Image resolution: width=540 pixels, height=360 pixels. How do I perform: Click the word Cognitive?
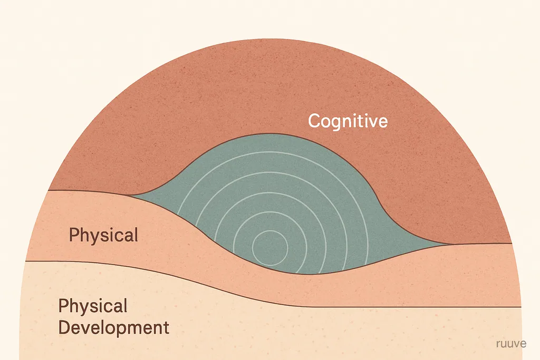point(348,121)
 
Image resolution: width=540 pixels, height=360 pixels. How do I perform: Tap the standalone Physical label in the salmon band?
point(103,236)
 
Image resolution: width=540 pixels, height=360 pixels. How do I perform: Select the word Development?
point(114,328)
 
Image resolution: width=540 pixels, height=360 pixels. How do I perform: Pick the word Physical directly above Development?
point(93,306)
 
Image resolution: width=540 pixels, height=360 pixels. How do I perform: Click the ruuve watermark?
point(511,344)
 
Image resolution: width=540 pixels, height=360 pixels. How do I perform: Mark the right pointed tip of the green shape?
point(452,244)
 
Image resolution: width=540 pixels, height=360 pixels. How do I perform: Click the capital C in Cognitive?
point(314,121)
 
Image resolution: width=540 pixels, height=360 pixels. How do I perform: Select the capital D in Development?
point(64,327)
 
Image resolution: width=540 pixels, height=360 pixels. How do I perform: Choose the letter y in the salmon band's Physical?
point(91,238)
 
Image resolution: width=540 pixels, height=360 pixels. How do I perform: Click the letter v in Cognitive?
point(370,122)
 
